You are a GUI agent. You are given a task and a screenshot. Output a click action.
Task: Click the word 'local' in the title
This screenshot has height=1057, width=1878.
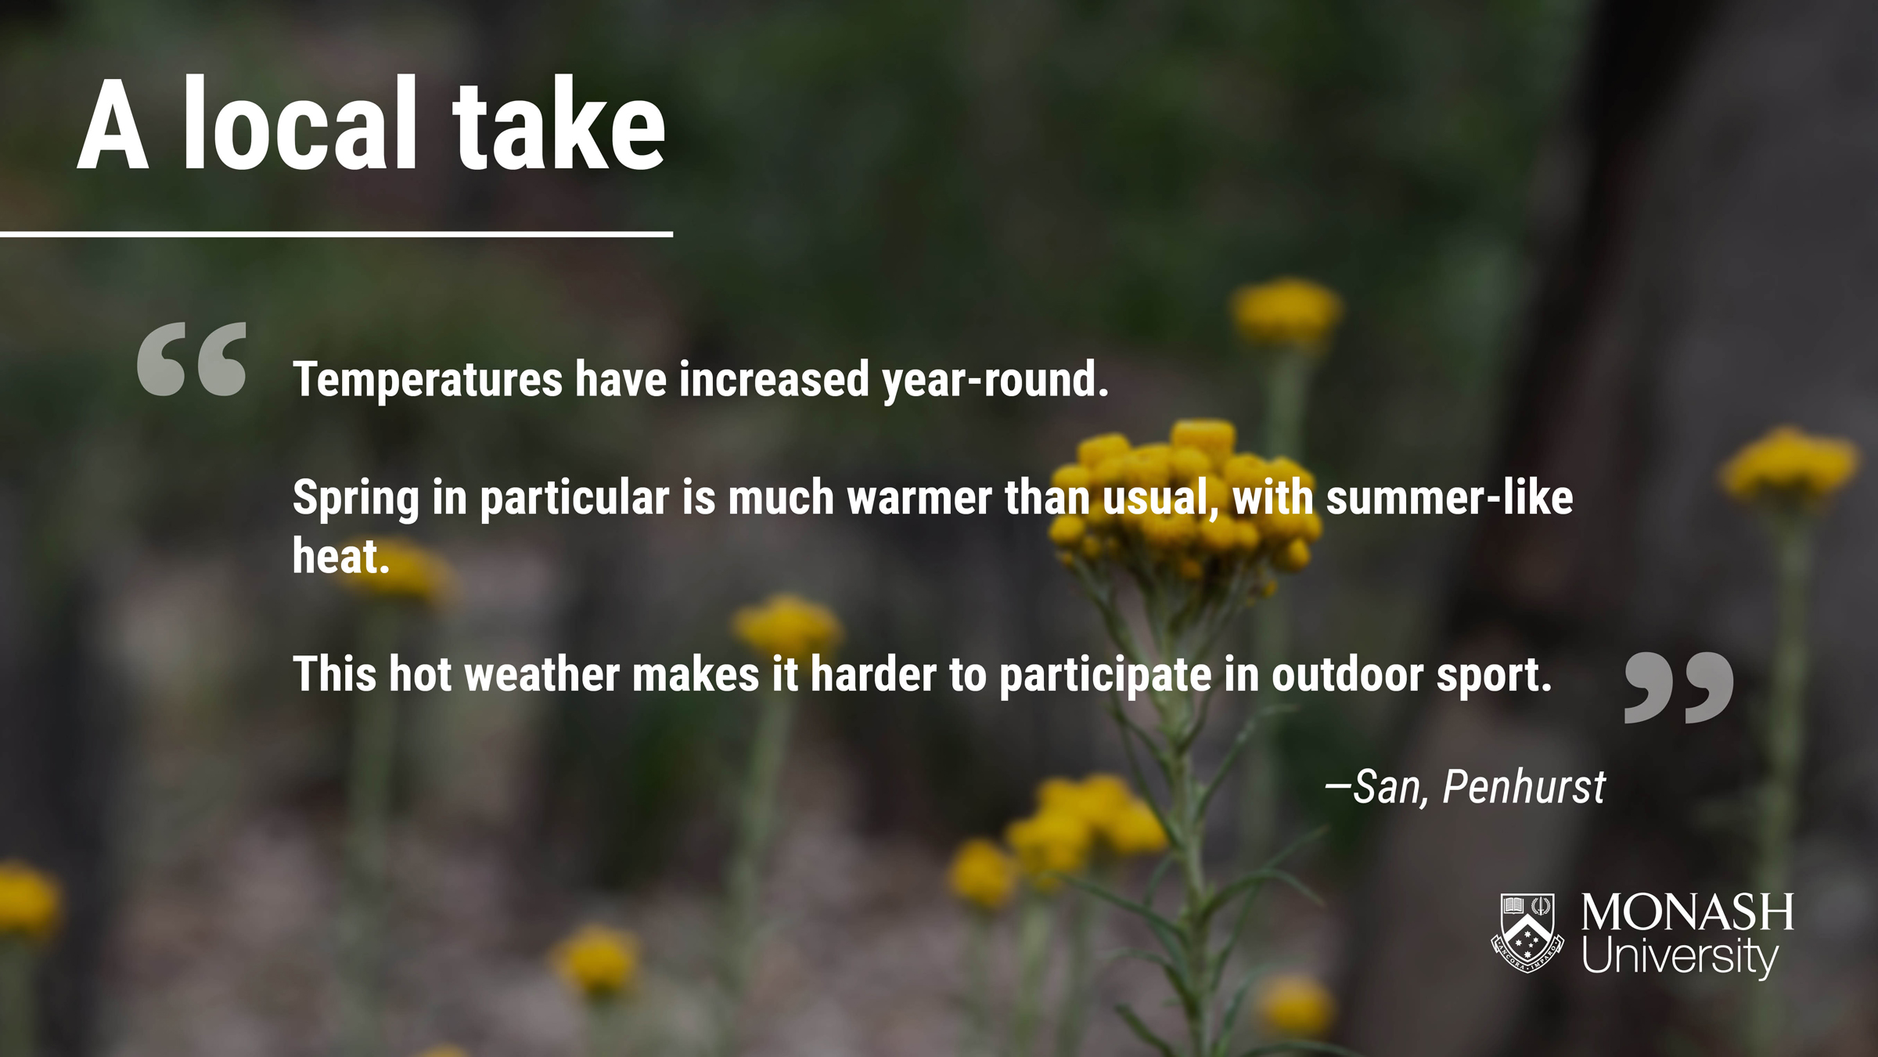click(x=300, y=123)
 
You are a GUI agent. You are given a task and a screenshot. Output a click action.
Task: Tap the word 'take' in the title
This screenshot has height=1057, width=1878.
click(x=559, y=123)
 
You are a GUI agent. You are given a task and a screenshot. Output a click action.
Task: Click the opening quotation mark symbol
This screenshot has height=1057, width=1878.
click(x=192, y=359)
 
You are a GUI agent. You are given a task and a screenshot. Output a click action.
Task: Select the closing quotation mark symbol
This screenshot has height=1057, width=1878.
click(x=1679, y=687)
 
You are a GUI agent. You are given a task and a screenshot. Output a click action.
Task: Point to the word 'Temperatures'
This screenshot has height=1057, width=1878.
click(x=428, y=380)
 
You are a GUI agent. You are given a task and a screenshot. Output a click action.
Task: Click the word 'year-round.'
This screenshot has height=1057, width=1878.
click(x=996, y=380)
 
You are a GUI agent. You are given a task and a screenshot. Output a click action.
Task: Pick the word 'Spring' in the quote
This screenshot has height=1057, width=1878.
click(x=356, y=499)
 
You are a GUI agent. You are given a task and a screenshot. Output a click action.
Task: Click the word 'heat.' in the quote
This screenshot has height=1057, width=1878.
click(x=341, y=556)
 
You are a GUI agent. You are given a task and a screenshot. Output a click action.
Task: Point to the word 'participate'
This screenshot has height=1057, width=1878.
click(x=1106, y=676)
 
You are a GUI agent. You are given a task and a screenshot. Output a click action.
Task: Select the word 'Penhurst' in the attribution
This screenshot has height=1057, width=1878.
click(x=1524, y=786)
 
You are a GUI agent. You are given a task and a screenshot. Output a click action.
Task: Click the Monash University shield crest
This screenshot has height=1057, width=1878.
click(x=1527, y=933)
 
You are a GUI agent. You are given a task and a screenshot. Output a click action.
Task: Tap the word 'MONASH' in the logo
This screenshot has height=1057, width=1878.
click(x=1688, y=912)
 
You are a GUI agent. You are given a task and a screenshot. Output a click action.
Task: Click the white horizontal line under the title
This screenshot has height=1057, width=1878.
click(x=336, y=233)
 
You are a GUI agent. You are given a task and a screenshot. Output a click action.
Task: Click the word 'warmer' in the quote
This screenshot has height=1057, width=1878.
click(x=919, y=499)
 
